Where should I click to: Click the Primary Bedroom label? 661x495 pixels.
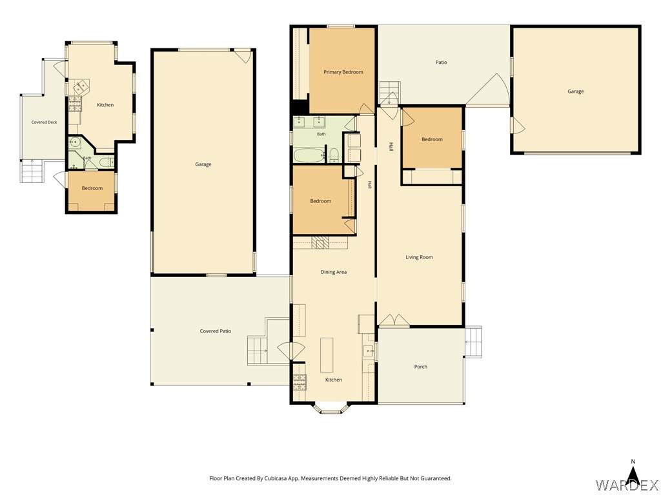343,72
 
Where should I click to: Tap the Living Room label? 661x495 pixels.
419,257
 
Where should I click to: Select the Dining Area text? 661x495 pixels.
334,272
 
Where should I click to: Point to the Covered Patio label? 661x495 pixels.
216,331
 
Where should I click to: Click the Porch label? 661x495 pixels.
421,367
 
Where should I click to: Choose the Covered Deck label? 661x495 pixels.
45,122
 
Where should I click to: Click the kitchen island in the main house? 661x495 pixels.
327,355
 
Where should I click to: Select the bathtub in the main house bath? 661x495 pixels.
309,155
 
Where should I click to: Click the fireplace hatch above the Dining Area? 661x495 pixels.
320,242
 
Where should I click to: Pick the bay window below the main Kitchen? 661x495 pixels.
331,408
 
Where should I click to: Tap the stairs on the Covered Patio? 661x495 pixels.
258,350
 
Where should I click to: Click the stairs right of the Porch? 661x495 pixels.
473,342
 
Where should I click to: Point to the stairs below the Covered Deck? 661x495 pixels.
32,171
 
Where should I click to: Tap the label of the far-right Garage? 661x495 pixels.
575,92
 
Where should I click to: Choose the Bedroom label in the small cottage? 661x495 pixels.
92,188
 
